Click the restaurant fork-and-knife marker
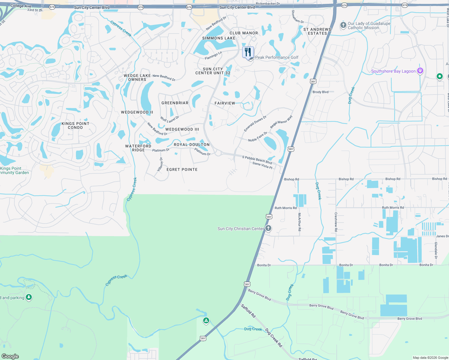pos(248,52)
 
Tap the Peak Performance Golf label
pos(277,57)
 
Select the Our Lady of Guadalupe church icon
pos(343,25)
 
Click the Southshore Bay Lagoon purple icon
pos(420,71)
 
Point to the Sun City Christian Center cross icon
pos(268,228)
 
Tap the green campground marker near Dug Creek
pos(206,321)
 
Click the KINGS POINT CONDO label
pos(75,125)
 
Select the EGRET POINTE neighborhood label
pos(182,169)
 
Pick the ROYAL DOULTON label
pos(191,145)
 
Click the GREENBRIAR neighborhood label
pos(175,103)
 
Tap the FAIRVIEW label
pos(225,103)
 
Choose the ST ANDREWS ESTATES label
pos(317,31)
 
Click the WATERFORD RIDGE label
pos(138,148)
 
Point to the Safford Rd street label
pos(248,311)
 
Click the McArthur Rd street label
pos(299,222)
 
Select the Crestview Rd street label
pos(336,222)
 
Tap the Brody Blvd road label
pos(321,92)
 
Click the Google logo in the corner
pos(10,356)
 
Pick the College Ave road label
pos(21,6)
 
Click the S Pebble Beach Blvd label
pos(257,160)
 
